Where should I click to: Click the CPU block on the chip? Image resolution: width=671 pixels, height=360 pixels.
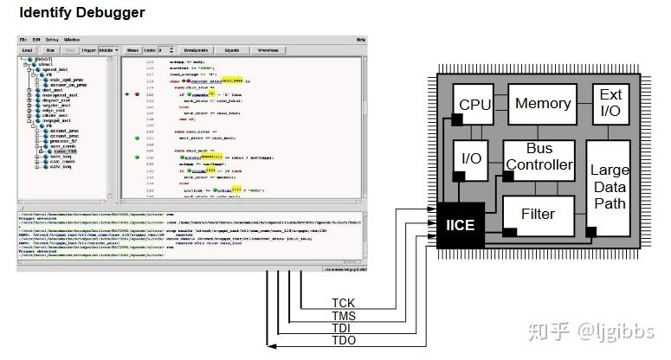[x=474, y=105]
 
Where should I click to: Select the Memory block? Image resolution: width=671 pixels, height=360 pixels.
[x=543, y=104]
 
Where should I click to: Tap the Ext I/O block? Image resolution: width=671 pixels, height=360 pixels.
[x=610, y=103]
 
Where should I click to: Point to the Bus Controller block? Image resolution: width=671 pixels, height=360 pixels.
[x=539, y=157]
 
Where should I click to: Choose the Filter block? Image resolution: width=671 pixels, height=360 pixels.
[x=538, y=213]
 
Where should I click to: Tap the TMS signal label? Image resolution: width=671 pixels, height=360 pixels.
[x=343, y=317]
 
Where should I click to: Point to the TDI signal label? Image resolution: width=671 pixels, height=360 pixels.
[x=341, y=330]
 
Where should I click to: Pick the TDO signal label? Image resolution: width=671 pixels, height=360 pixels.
[x=343, y=343]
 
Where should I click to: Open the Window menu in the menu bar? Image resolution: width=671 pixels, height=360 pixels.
[x=72, y=40]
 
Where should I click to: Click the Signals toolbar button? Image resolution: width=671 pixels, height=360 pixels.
[x=232, y=50]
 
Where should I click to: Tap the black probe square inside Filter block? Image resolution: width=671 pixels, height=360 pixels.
[x=510, y=232]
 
